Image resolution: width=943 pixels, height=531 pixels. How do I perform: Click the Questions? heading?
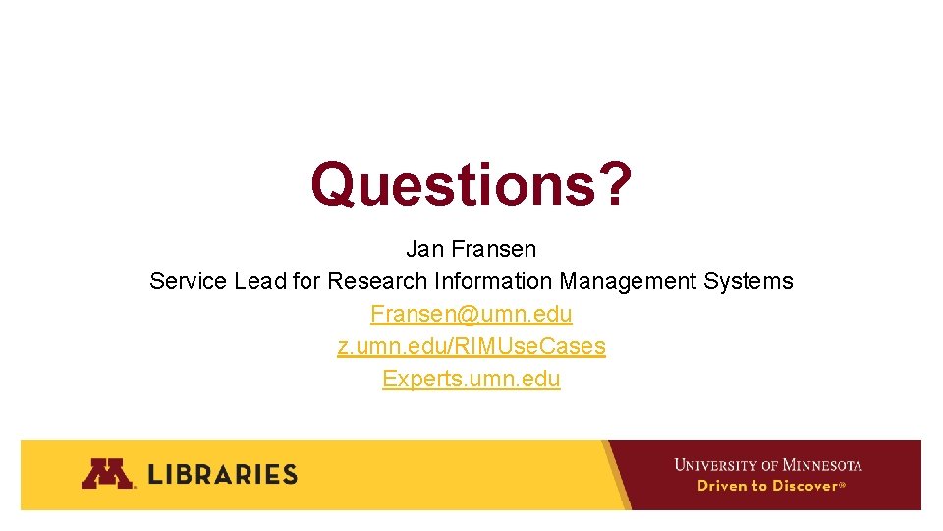click(471, 184)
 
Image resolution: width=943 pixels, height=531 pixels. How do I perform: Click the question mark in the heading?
click(613, 184)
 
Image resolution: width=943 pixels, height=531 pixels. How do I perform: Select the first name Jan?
click(424, 249)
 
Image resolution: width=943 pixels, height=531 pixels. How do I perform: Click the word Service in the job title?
click(188, 281)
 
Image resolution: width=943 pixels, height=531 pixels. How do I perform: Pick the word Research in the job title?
click(377, 281)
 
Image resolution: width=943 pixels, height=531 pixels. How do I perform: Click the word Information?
click(493, 281)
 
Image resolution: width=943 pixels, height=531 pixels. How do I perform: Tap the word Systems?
click(749, 281)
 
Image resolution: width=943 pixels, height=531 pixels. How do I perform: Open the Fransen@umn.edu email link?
click(471, 314)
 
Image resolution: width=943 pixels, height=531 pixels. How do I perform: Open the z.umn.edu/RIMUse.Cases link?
click(471, 346)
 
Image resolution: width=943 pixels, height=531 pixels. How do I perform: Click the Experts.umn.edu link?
click(471, 379)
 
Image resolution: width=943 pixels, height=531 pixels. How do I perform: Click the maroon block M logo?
click(106, 474)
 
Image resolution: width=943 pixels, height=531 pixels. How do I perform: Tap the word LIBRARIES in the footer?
click(223, 474)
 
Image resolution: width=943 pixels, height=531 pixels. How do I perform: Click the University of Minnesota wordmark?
click(767, 464)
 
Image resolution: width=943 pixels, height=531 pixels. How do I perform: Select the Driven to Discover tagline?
click(770, 486)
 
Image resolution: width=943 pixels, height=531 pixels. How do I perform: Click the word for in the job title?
click(306, 281)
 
